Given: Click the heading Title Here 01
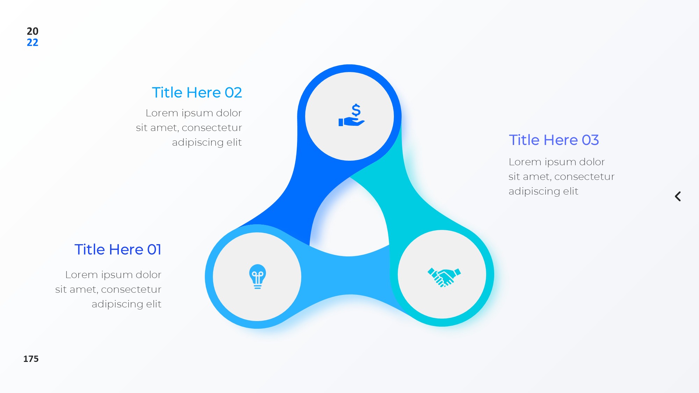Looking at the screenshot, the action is pos(118,249).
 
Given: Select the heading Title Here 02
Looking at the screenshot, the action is pos(197,93).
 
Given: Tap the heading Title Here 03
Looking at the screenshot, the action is pos(554,140).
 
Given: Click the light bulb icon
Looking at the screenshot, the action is pos(258,276).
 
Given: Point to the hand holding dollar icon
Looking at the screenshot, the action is pos(352,115).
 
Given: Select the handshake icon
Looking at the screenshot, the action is pos(444,277).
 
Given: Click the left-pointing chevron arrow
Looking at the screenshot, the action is pos(678,196).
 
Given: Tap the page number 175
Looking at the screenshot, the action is pos(31,359).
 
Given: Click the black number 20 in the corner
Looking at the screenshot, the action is pos(33,31).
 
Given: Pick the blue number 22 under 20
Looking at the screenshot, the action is pos(33,43).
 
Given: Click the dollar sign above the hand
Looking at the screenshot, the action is pos(356,110).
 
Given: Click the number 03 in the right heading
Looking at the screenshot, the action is pos(590,140).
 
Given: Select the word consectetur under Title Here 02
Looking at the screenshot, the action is pos(212,128).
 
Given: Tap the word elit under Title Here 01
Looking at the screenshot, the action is pos(154,304).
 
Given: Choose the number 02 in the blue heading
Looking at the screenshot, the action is pos(233,93).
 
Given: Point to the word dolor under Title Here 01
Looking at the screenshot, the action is pos(149,275).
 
